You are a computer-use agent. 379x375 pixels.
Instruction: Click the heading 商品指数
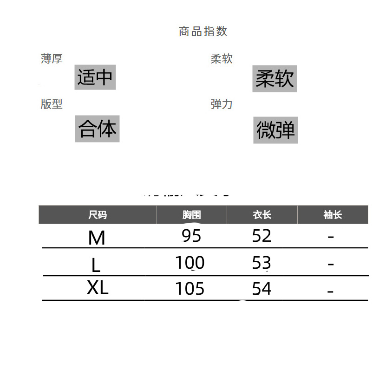click(203, 32)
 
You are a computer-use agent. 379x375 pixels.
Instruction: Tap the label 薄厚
click(52, 59)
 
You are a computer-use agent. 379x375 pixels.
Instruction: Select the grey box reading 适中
click(95, 77)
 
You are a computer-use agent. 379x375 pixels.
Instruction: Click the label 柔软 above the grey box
click(222, 59)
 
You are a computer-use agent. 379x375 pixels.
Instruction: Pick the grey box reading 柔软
click(274, 79)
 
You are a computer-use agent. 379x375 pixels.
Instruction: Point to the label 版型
click(52, 104)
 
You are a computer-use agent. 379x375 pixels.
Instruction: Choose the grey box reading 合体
click(97, 129)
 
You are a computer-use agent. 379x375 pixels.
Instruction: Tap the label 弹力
click(222, 104)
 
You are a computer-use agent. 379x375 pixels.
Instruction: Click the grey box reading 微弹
click(275, 130)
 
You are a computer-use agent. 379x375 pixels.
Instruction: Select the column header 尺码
click(98, 215)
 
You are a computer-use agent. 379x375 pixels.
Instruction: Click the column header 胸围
click(191, 215)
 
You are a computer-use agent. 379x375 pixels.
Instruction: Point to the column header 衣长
click(262, 215)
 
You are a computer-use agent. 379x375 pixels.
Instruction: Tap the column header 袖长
click(333, 215)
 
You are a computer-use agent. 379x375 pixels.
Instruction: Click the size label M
click(97, 238)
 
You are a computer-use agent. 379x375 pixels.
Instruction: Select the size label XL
click(98, 289)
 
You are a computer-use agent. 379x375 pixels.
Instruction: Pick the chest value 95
click(191, 236)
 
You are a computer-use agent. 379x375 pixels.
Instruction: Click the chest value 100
click(190, 263)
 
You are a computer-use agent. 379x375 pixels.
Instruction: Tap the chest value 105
click(190, 289)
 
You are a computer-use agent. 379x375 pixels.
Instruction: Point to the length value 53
click(261, 263)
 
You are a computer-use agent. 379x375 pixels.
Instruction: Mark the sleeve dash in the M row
click(331, 237)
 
